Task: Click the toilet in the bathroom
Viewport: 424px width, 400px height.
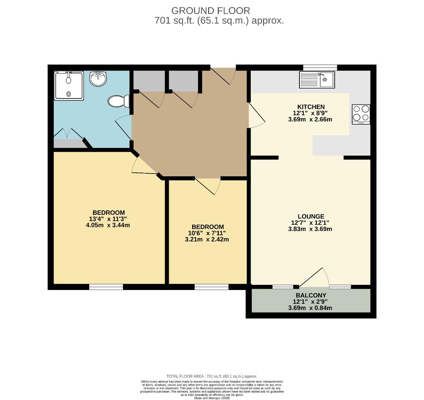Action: click(119, 101)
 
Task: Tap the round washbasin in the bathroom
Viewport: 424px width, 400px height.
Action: click(98, 79)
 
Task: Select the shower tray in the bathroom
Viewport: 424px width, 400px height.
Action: click(69, 86)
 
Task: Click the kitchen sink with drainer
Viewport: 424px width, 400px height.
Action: click(317, 80)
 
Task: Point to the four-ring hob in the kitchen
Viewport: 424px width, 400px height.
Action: click(361, 114)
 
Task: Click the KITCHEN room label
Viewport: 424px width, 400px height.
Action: click(311, 107)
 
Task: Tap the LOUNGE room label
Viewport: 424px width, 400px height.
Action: click(311, 216)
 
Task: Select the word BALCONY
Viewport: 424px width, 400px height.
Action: click(311, 295)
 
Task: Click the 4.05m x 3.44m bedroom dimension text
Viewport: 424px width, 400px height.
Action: click(108, 225)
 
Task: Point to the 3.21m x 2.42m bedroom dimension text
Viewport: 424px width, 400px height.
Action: click(207, 239)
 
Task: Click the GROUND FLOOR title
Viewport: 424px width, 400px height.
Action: click(211, 11)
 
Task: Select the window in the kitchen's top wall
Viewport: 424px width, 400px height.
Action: click(320, 67)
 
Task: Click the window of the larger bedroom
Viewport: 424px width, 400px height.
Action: click(106, 287)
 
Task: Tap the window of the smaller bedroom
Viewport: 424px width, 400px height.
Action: click(211, 287)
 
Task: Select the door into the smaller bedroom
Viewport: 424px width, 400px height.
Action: click(208, 186)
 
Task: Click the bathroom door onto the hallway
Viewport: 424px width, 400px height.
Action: click(124, 127)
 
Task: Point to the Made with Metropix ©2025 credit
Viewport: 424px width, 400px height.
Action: click(212, 398)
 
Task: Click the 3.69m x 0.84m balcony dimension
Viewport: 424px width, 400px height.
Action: click(310, 308)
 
